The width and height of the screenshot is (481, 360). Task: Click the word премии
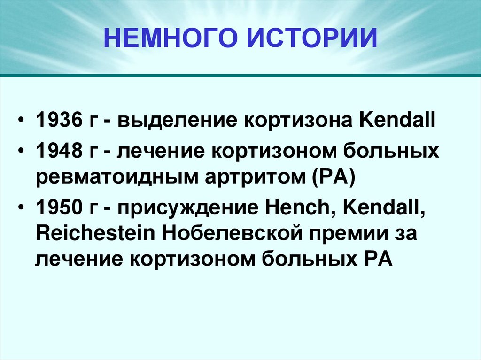coord(344,233)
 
